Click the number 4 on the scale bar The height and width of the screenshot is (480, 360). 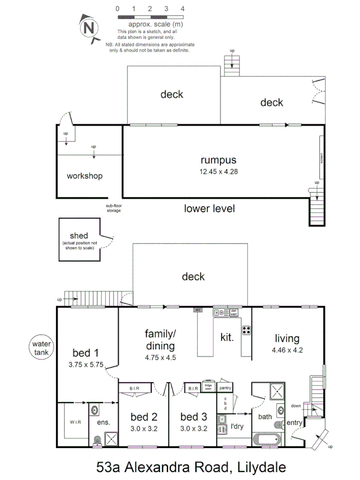182,9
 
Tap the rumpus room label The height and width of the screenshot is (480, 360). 218,160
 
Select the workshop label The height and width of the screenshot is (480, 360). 84,176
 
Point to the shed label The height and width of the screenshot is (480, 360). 78,236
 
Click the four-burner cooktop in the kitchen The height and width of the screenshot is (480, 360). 246,330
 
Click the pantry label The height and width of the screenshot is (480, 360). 225,388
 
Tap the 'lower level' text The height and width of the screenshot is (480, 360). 209,209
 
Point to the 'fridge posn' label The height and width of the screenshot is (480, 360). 208,388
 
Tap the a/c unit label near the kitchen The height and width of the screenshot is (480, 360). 197,309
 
